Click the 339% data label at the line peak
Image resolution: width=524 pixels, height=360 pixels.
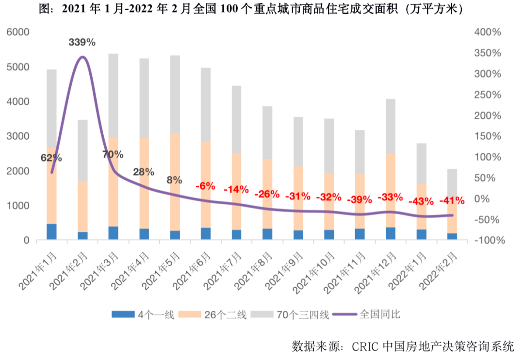pyautogui.click(x=82, y=42)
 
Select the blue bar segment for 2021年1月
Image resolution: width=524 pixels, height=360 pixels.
pyautogui.click(x=51, y=231)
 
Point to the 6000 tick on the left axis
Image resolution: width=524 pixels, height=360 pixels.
pyautogui.click(x=18, y=32)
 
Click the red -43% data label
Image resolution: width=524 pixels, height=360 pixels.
pyautogui.click(x=421, y=201)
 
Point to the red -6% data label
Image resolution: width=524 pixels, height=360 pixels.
pyautogui.click(x=205, y=186)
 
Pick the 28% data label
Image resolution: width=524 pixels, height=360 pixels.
pyautogui.click(x=144, y=172)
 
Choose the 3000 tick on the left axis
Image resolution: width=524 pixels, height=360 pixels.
pyautogui.click(x=18, y=136)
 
